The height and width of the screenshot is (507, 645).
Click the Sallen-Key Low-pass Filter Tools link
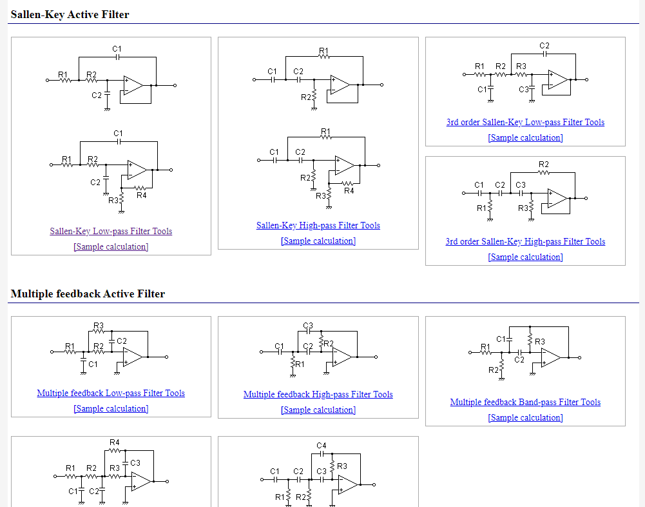point(111,231)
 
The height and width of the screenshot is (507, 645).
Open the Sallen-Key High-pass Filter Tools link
point(318,225)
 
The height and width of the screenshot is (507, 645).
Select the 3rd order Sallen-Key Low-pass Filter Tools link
point(525,122)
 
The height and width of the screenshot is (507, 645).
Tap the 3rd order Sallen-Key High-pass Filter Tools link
point(525,241)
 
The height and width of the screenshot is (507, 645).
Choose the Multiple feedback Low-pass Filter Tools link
point(111,393)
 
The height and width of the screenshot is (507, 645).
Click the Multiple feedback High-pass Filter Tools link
point(318,394)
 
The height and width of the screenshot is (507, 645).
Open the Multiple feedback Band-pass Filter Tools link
point(525,402)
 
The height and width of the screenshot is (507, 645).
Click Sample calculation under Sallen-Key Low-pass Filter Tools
point(111,247)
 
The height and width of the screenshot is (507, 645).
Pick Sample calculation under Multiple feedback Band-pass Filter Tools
point(525,418)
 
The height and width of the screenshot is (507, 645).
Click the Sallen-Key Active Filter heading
point(70,14)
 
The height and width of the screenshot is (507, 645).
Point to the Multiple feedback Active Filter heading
point(88,293)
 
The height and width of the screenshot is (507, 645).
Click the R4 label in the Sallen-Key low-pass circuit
point(141,195)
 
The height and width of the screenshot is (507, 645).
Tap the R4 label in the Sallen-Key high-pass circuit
point(349,190)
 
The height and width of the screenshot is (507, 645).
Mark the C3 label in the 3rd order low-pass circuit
point(523,90)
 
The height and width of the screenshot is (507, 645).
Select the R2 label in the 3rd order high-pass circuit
point(543,165)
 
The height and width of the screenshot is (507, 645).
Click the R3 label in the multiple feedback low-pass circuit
point(99,325)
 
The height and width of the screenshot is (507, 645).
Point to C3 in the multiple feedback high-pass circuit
point(307,325)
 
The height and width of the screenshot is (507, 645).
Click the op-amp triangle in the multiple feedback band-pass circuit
point(552,357)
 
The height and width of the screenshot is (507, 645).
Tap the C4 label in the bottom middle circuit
point(322,446)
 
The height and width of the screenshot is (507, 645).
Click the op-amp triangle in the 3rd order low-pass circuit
point(559,80)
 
